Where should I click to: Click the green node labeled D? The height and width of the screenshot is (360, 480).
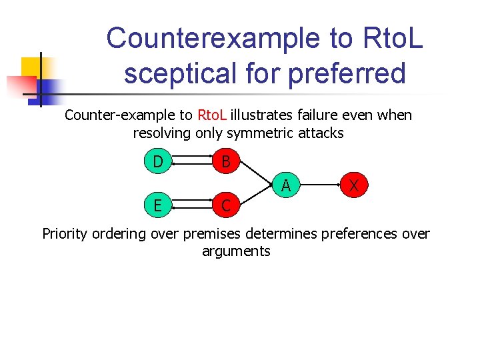coord(157,162)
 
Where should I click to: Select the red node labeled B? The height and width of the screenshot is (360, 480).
coord(226,162)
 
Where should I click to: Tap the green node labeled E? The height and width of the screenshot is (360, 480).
coord(157,205)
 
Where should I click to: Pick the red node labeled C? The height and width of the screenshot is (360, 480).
coord(226,205)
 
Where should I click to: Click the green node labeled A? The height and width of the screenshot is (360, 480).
coord(285,184)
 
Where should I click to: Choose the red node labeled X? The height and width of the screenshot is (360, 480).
coord(355,184)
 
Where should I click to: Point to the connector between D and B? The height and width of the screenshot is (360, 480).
coord(192,162)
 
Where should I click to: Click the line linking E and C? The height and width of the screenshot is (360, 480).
coord(192,205)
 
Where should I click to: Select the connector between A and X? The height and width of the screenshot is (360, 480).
coord(320,184)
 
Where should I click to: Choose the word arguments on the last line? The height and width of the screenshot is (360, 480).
coord(236,251)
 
